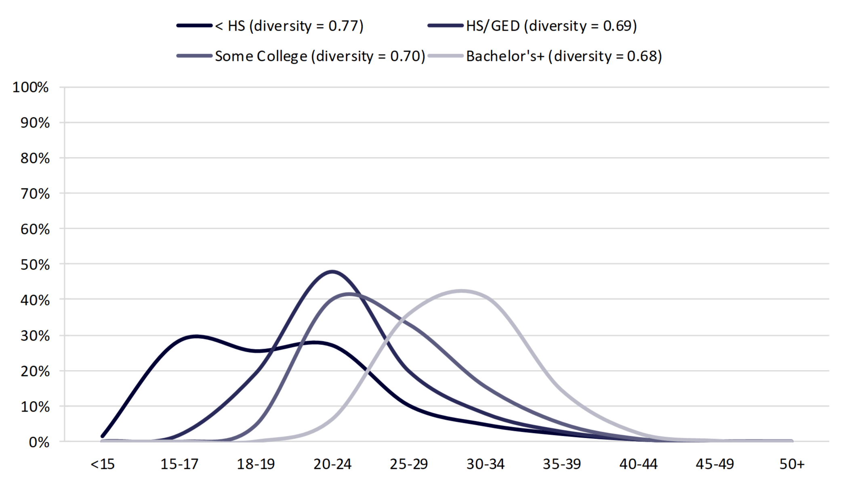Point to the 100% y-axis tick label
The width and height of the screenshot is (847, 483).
tap(31, 87)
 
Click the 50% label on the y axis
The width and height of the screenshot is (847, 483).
tap(35, 265)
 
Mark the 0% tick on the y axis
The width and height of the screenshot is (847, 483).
tap(39, 442)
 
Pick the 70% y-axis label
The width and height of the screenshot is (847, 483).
tap(35, 194)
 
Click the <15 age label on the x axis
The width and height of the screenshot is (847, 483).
tap(103, 464)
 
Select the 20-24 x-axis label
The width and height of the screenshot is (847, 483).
tap(332, 464)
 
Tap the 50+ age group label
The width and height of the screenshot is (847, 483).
tap(792, 464)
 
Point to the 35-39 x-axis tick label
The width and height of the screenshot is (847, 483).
tap(562, 464)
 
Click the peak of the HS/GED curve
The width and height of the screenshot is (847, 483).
tap(332, 272)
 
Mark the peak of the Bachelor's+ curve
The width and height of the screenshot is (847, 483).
tap(461, 291)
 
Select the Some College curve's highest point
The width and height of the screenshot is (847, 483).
tap(349, 294)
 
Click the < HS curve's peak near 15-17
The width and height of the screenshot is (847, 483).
tap(195, 336)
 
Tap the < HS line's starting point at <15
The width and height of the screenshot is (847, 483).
tap(103, 436)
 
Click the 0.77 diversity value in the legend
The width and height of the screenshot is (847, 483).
tap(343, 26)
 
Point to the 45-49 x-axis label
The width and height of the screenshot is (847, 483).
tap(715, 464)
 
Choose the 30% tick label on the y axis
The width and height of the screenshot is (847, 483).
tap(35, 336)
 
